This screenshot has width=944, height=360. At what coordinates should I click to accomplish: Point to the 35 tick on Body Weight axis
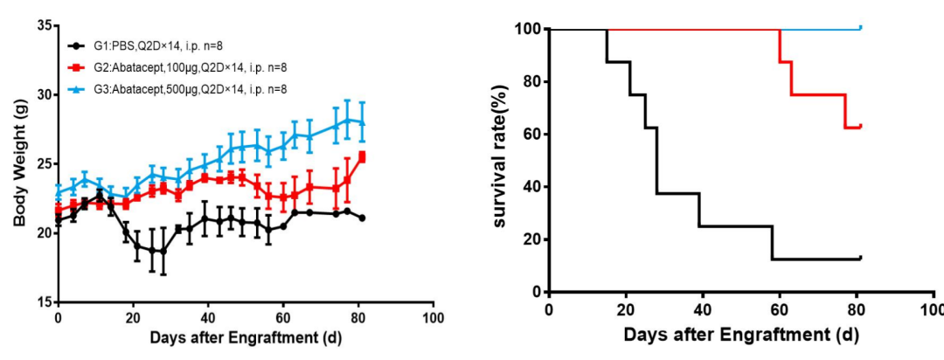[x=42, y=25]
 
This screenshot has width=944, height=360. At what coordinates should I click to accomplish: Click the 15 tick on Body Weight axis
[x=42, y=302]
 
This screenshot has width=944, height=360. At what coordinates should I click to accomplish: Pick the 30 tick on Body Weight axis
[x=42, y=94]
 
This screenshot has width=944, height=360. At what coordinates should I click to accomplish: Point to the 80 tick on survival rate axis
[x=529, y=82]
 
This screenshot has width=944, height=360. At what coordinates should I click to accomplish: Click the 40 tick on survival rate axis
[x=529, y=187]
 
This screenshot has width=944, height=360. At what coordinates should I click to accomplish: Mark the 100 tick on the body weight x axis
[x=432, y=316]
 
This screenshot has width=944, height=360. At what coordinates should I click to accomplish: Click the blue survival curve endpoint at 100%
[x=861, y=28]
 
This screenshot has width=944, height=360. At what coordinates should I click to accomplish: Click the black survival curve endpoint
[x=861, y=258]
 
